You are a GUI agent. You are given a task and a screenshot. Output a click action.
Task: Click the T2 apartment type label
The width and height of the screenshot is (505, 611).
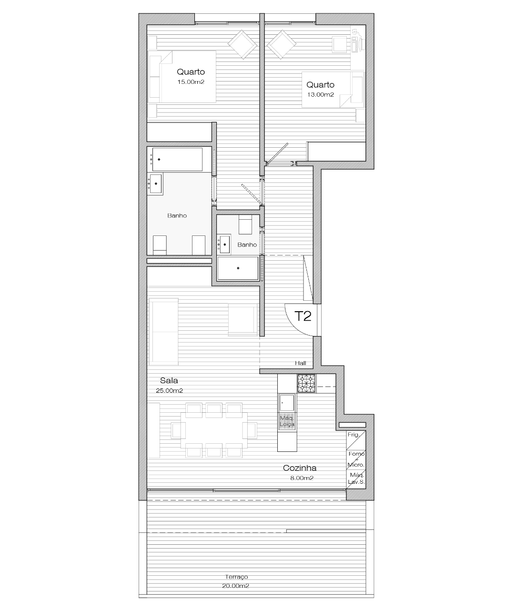[303, 316]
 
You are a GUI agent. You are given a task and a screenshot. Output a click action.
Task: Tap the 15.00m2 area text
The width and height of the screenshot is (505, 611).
[191, 82]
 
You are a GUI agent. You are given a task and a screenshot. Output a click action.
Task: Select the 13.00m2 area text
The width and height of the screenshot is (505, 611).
[320, 95]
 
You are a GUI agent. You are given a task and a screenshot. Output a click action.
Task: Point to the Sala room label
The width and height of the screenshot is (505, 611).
[169, 380]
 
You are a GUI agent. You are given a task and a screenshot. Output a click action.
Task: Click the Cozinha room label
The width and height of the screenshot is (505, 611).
[300, 468]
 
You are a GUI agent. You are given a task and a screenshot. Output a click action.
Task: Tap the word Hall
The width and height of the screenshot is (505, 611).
[301, 363]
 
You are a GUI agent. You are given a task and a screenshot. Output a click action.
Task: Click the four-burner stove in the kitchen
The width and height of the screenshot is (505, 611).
[307, 383]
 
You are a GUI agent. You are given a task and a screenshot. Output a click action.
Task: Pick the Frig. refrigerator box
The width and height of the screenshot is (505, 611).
[356, 440]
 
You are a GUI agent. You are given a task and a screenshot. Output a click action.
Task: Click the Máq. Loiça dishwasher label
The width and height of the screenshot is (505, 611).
[287, 421]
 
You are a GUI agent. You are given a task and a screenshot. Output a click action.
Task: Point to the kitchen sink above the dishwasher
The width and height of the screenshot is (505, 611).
[287, 403]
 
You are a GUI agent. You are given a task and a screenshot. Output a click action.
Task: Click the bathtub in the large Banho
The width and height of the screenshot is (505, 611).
[177, 160]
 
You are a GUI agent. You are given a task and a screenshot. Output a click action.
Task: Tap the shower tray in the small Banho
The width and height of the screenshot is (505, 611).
[238, 268]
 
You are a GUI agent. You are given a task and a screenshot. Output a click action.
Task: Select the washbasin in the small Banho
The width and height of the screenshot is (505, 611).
[224, 244]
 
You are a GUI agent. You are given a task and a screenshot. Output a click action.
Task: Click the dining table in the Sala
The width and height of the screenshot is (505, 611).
[214, 430]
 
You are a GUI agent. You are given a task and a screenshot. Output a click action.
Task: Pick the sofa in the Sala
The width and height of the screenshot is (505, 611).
[163, 332]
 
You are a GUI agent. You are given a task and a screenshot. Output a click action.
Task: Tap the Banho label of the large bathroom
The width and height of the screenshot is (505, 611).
[177, 216]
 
